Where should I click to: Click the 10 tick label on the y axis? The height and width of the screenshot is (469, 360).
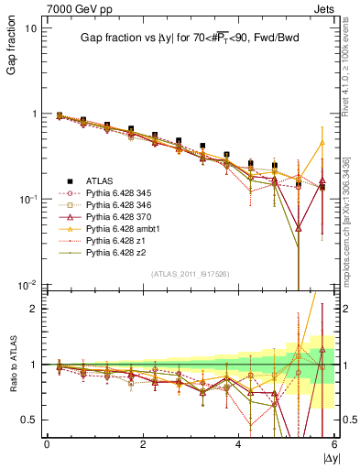click(30, 27)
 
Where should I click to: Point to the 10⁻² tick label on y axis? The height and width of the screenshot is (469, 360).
click(28, 285)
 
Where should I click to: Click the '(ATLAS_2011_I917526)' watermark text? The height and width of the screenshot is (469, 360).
click(191, 274)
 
